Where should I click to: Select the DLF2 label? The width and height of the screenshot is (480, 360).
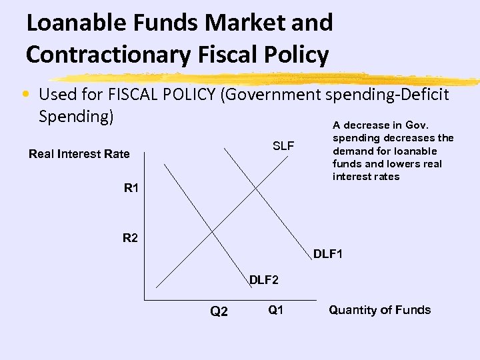click(x=265, y=280)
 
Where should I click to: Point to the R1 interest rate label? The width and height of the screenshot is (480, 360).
click(x=131, y=188)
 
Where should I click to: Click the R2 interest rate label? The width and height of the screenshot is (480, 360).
click(x=130, y=237)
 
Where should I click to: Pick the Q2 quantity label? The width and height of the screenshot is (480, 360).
click(x=219, y=311)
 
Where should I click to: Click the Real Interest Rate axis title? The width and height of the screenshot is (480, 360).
click(x=79, y=154)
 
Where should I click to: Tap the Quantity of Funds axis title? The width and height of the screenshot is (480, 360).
click(x=380, y=309)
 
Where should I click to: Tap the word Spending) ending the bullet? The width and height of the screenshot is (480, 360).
click(x=77, y=116)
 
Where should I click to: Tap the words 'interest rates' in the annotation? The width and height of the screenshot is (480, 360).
click(x=366, y=177)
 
